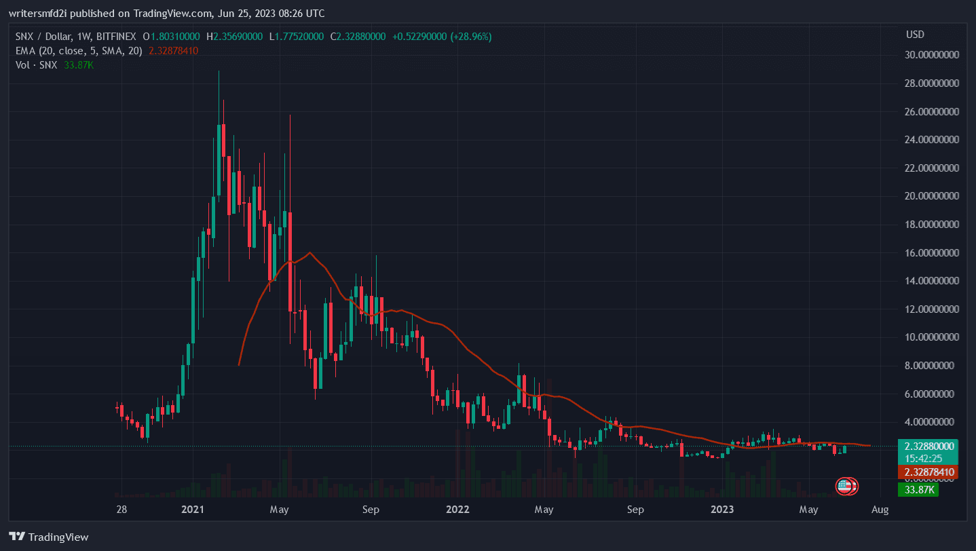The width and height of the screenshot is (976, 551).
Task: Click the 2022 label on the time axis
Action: [x=457, y=508]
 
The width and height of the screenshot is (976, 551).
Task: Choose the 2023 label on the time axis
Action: [x=722, y=508]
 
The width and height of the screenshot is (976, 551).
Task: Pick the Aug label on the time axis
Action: [x=880, y=508]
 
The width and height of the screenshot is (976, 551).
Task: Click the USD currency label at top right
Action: [x=914, y=34]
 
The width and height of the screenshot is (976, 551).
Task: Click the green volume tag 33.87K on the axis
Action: [x=918, y=489]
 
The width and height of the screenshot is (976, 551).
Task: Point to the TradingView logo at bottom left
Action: [x=49, y=537]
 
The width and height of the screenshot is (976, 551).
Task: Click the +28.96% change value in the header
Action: [x=473, y=37]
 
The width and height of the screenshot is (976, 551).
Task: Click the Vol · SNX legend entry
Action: [x=36, y=64]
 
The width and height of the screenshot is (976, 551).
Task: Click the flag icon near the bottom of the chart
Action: [x=846, y=486]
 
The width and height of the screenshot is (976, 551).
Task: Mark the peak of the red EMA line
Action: [x=309, y=252]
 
